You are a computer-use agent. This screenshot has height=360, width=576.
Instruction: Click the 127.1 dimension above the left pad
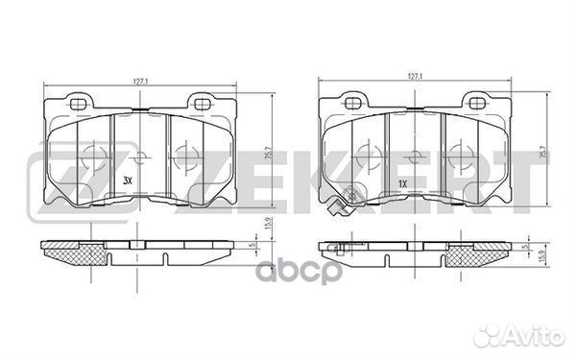click(x=140, y=82)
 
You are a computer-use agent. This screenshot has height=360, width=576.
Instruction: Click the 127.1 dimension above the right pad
click(x=415, y=76)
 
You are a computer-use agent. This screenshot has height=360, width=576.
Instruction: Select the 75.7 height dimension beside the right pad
click(x=543, y=151)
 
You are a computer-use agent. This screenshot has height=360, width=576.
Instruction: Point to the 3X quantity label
click(x=128, y=180)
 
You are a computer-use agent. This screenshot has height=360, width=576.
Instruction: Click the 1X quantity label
click(x=403, y=184)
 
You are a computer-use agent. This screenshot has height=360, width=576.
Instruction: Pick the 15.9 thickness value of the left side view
click(x=268, y=224)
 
